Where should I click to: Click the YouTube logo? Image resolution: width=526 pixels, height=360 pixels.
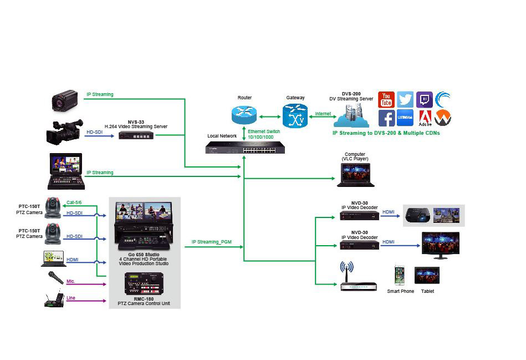pyautogui.click(x=386, y=100)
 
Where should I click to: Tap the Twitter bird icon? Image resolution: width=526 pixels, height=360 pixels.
pyautogui.click(x=405, y=100)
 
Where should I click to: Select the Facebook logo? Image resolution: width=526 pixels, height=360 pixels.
pyautogui.click(x=386, y=118)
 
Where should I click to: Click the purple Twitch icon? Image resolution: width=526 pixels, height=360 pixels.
pyautogui.click(x=425, y=100)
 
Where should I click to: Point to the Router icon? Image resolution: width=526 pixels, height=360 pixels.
pyautogui.click(x=244, y=114)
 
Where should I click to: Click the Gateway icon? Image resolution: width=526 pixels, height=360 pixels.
pyautogui.click(x=295, y=116)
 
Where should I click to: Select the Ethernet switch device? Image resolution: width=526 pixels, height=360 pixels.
pyautogui.click(x=245, y=148)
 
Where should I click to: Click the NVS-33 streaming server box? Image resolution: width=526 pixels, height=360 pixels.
pyautogui.click(x=136, y=135)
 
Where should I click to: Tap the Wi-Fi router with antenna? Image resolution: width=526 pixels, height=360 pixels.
pyautogui.click(x=358, y=276)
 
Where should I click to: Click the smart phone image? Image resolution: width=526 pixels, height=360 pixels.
pyautogui.click(x=400, y=276)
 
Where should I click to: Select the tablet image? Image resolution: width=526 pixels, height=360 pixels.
pyautogui.click(x=427, y=275)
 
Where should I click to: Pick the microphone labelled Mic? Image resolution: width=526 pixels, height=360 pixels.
pyautogui.click(x=55, y=278)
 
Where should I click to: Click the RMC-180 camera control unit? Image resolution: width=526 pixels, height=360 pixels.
pyautogui.click(x=144, y=283)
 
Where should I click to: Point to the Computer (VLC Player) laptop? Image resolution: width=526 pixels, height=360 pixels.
pyautogui.click(x=356, y=175)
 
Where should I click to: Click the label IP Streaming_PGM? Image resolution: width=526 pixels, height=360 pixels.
pyautogui.click(x=212, y=242)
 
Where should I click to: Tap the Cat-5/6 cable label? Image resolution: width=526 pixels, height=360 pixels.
pyautogui.click(x=74, y=202)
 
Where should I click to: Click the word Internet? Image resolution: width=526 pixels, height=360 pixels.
pyautogui.click(x=323, y=114)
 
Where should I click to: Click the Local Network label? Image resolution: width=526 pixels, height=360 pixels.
pyautogui.click(x=222, y=136)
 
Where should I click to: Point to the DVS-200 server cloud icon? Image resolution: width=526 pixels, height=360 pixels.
pyautogui.click(x=352, y=115)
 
